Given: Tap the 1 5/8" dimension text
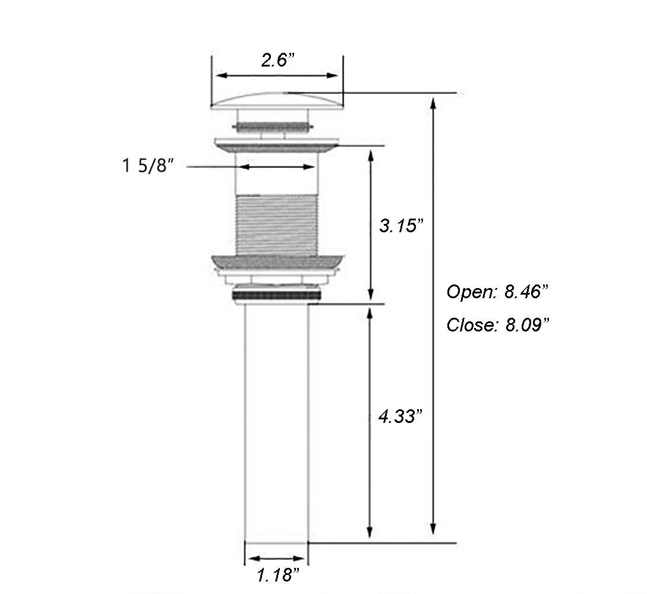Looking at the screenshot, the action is click(149, 166).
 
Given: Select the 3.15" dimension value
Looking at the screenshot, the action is click(400, 226).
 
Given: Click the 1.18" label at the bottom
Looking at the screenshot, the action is click(277, 574).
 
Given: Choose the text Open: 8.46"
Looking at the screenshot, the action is click(497, 292).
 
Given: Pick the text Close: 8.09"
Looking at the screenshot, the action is click(498, 325).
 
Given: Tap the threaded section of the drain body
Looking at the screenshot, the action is click(276, 225).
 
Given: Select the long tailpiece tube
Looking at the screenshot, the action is click(276, 423).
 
